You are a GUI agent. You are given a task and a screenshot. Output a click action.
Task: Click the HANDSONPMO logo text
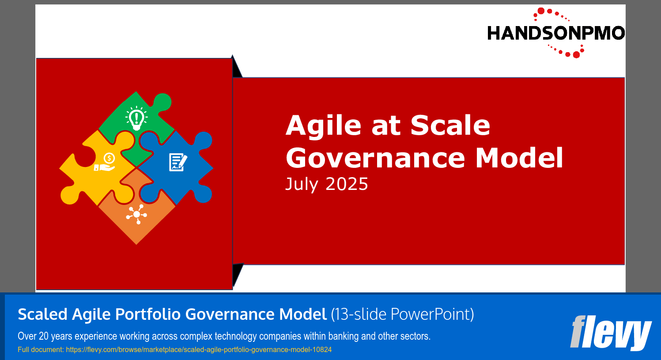[x=555, y=33]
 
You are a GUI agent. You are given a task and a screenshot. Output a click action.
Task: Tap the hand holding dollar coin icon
[x=105, y=163]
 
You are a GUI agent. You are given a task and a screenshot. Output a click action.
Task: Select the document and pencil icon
[x=178, y=162]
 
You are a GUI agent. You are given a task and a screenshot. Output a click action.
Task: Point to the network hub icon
[x=136, y=214]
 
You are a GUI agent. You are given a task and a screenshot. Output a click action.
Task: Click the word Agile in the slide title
[x=324, y=125]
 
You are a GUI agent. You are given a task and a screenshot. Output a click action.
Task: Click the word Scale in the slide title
[x=450, y=125]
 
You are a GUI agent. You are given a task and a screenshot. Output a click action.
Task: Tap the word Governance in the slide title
[x=375, y=158]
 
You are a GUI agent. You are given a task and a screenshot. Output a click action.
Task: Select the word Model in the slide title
[x=519, y=158]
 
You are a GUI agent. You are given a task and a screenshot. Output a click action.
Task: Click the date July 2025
[x=326, y=184]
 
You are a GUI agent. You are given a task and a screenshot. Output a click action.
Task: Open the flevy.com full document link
[x=199, y=350]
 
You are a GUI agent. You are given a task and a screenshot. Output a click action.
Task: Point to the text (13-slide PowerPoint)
[x=402, y=315]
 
